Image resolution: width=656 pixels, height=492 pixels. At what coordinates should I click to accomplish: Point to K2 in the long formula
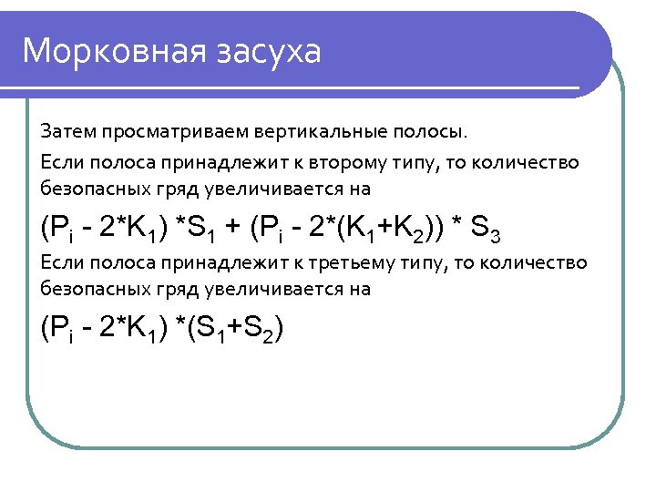(398, 228)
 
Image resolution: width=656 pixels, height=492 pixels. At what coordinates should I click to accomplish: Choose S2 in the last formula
(269, 328)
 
